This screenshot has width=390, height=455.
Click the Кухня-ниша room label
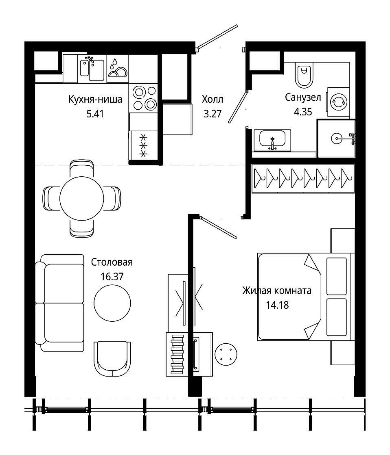coord(95,100)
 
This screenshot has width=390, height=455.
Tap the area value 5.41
coord(95,114)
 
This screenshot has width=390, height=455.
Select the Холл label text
coord(213,100)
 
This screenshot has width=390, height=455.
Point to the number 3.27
coord(213,114)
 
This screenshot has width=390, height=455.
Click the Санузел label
coord(303,97)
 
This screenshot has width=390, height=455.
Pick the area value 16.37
coord(112,277)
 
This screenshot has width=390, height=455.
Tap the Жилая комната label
coord(277,290)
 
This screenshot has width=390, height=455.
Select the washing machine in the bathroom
coord(338,102)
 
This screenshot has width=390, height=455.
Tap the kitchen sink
coord(92,70)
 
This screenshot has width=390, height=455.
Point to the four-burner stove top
coord(143,98)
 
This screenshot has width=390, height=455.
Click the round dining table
coord(82,199)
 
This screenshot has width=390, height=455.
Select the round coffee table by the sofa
coord(112,303)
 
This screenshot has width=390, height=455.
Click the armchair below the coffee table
coord(112,359)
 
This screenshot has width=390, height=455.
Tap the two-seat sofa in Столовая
coord(59,303)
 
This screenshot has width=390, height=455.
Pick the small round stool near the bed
coord(226,354)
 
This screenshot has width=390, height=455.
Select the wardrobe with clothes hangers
coord(303,178)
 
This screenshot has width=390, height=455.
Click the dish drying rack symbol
coord(118,69)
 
